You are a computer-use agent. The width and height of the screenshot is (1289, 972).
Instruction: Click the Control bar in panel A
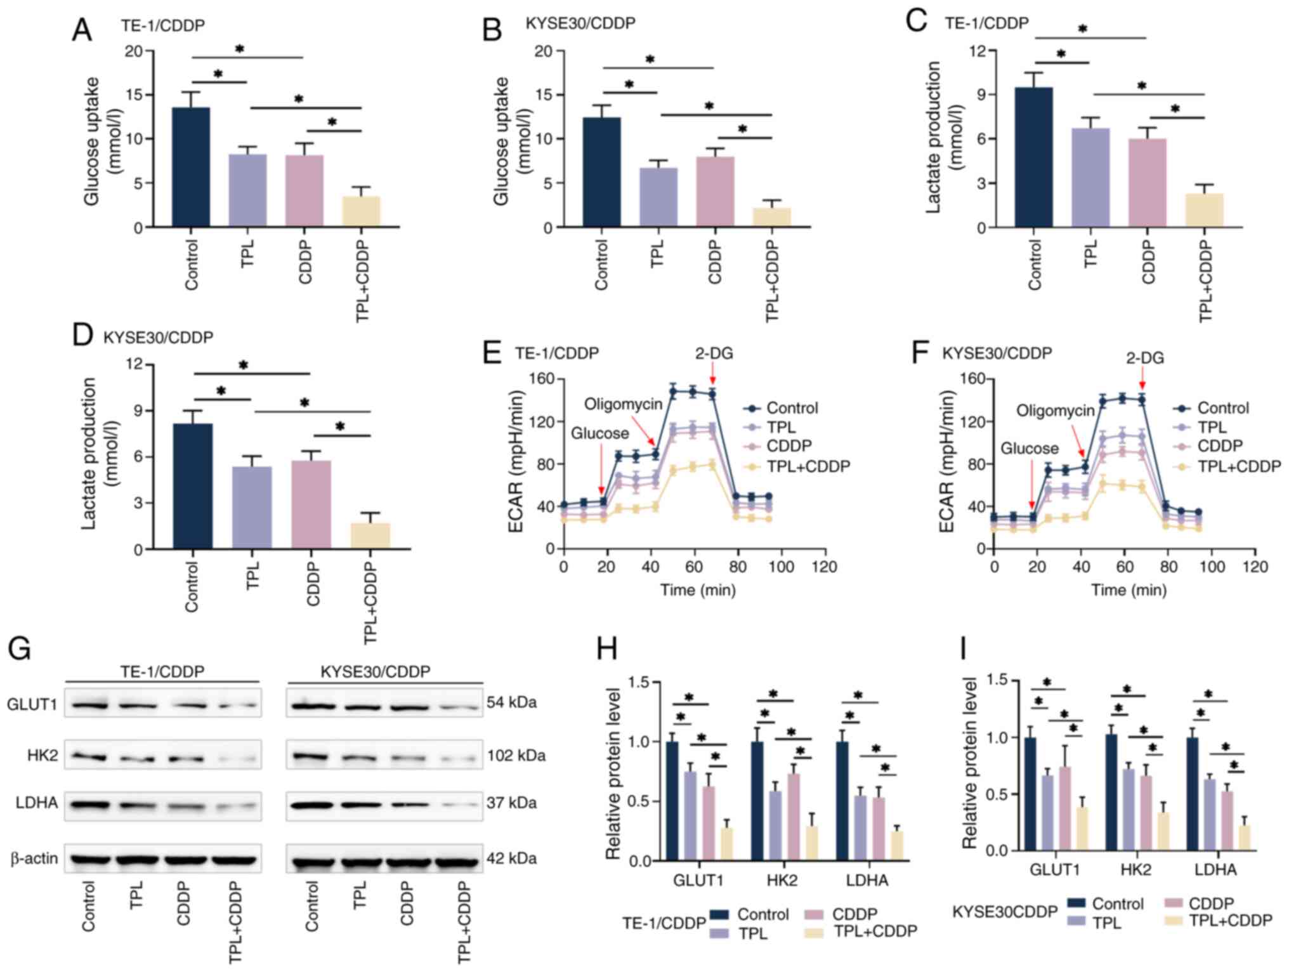pyautogui.click(x=191, y=167)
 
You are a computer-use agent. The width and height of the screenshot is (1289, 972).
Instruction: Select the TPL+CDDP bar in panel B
pyautogui.click(x=772, y=217)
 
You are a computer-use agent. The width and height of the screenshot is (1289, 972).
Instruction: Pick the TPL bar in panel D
pyautogui.click(x=252, y=508)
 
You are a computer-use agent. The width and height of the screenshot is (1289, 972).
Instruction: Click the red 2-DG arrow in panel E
pyautogui.click(x=714, y=376)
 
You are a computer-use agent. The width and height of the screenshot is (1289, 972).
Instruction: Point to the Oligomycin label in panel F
pyautogui.click(x=1056, y=410)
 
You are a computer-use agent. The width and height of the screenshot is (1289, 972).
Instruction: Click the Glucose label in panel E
pyautogui.click(x=599, y=433)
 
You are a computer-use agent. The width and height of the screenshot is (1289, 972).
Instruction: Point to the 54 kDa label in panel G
pyautogui.click(x=512, y=702)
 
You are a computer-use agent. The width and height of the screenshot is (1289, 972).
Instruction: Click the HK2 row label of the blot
pyautogui.click(x=43, y=756)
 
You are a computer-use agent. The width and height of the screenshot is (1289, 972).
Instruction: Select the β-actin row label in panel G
pyautogui.click(x=34, y=858)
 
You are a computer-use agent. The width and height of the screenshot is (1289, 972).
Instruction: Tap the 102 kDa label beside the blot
pyautogui.click(x=516, y=756)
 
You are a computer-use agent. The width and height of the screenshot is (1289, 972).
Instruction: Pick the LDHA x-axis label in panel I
pyautogui.click(x=1215, y=869)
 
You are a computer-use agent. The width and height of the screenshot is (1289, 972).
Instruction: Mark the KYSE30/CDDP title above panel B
pyautogui.click(x=580, y=23)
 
